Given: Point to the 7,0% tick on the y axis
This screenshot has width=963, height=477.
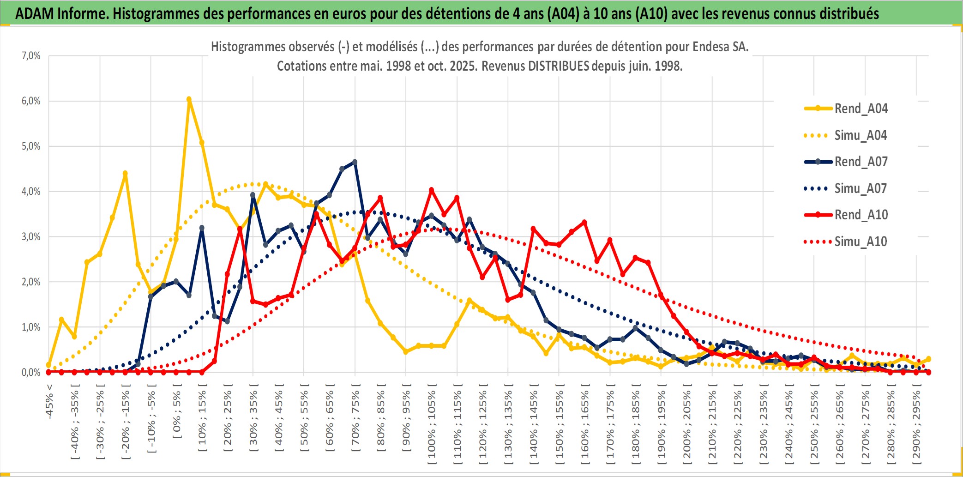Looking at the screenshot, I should click(x=31, y=56).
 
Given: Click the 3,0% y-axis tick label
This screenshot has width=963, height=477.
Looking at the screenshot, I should click(x=31, y=237).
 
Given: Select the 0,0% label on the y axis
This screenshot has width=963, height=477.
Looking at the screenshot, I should click(x=31, y=372).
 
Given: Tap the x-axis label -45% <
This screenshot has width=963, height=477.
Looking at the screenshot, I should click(x=49, y=402).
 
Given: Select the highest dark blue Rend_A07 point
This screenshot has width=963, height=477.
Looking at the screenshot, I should click(x=355, y=162).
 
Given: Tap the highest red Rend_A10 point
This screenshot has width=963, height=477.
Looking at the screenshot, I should click(x=431, y=190).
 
